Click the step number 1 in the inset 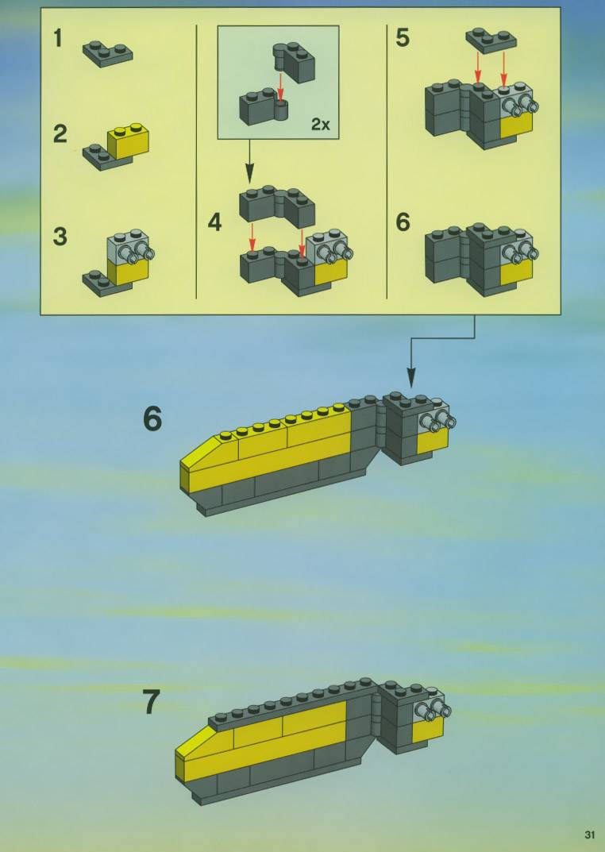(58, 39)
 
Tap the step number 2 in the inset (60, 134)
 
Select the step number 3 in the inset (60, 237)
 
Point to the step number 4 (215, 223)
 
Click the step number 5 (403, 38)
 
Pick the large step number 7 (152, 701)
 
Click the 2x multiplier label (321, 125)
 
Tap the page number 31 (590, 835)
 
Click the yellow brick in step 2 (129, 141)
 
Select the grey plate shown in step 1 (107, 52)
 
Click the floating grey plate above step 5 (491, 40)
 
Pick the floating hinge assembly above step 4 (277, 206)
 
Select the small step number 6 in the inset (403, 222)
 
